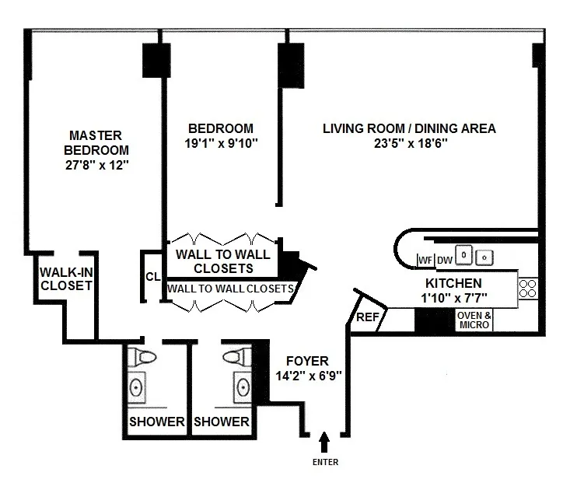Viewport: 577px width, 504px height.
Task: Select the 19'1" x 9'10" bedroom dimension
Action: click(221, 143)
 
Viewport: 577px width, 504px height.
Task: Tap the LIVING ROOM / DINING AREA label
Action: click(409, 128)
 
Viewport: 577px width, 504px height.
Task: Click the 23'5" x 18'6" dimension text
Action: click(409, 143)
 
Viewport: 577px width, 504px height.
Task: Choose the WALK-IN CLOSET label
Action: click(66, 278)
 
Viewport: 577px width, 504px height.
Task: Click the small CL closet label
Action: click(152, 277)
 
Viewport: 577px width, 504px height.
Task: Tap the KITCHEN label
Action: click(453, 283)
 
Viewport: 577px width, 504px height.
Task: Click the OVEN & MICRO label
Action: click(474, 320)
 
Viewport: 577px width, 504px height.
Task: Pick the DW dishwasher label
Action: click(444, 260)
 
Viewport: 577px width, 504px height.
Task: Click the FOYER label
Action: click(307, 361)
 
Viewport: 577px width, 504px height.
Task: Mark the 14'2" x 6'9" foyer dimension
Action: click(307, 375)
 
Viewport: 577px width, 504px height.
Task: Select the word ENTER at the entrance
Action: click(325, 461)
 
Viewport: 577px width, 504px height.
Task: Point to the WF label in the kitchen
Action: click(425, 260)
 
